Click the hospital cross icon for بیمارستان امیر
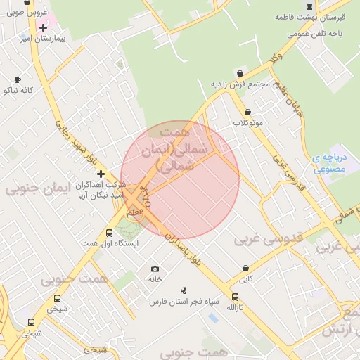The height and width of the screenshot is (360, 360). [44, 27]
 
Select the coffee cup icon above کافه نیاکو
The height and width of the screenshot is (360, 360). [18, 79]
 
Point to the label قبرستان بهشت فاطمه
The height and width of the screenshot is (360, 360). [313, 17]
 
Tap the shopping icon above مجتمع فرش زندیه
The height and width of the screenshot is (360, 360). [240, 73]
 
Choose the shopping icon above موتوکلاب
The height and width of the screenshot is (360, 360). [247, 112]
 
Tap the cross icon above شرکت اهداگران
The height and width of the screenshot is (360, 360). [101, 173]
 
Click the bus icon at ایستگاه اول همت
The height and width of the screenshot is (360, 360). [109, 233]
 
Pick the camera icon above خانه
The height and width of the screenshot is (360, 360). [155, 269]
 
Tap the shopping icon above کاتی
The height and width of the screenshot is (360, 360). [245, 268]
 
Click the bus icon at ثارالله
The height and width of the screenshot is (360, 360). [234, 297]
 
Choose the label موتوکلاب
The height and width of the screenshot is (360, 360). [247, 123]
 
